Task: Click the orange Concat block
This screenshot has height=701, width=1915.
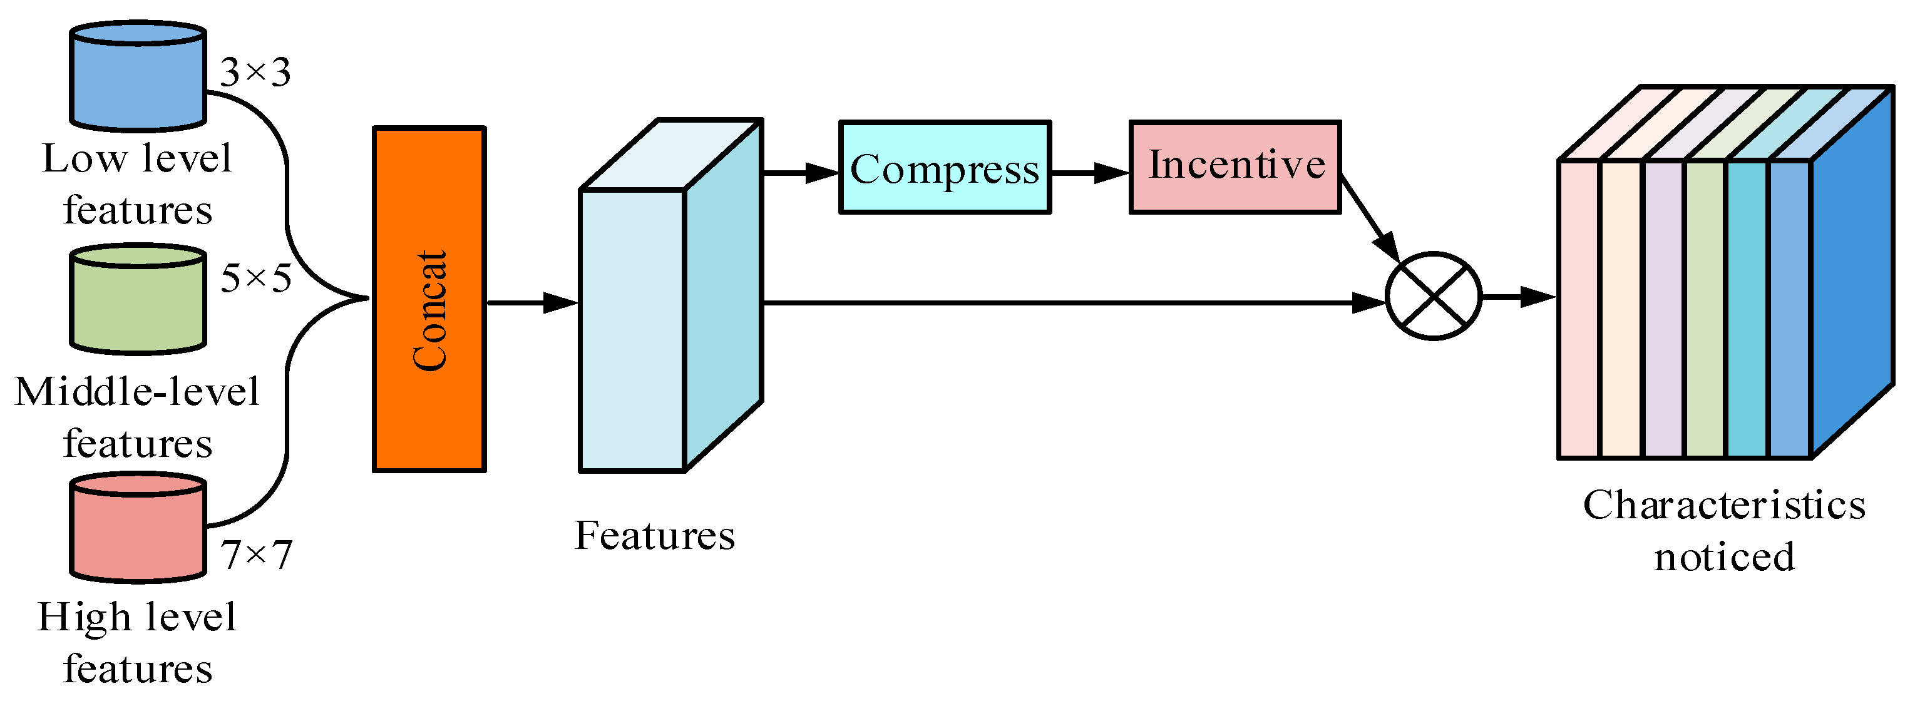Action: click(429, 299)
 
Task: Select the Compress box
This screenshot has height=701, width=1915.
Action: click(944, 167)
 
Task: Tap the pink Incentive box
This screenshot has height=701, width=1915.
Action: click(1235, 167)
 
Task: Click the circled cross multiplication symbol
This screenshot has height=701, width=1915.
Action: click(1434, 296)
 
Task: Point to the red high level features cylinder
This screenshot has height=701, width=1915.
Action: click(138, 527)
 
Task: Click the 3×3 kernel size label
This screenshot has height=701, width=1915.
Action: click(255, 73)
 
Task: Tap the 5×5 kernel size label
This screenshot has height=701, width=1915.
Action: click(255, 279)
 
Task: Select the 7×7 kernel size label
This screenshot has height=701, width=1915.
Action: click(257, 555)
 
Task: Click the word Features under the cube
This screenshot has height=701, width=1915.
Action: click(654, 535)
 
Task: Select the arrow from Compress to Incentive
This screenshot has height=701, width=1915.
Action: click(1089, 173)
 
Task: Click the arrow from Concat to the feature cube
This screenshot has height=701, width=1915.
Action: click(531, 302)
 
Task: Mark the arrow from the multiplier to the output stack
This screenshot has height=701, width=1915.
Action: click(1519, 297)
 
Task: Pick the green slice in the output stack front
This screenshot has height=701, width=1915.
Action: click(1705, 309)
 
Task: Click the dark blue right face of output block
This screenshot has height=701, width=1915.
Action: click(1851, 272)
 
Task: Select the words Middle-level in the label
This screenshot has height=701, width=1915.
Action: click(136, 392)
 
